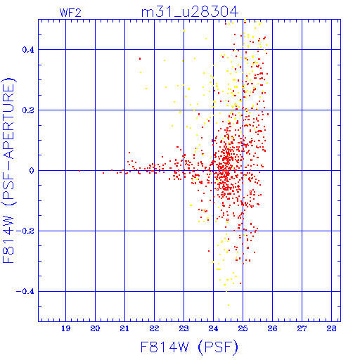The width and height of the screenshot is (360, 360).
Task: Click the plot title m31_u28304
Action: (x=190, y=12)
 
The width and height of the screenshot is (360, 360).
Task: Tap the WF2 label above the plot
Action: (x=70, y=13)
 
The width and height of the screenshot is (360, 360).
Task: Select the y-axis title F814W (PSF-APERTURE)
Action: (x=8, y=170)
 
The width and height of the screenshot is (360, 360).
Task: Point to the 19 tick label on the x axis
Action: (x=66, y=328)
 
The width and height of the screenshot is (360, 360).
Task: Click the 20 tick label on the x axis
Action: (x=95, y=328)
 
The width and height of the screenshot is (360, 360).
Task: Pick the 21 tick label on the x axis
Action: (x=124, y=328)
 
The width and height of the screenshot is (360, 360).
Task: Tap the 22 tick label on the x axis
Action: (x=154, y=328)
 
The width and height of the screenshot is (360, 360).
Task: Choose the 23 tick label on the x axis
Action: (x=184, y=328)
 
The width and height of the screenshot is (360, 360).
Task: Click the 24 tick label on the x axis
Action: (x=213, y=328)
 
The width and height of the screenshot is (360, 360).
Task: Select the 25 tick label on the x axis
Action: (x=243, y=328)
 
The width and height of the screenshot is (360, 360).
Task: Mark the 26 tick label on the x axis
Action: (x=272, y=328)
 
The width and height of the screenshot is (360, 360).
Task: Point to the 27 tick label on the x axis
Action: (x=302, y=328)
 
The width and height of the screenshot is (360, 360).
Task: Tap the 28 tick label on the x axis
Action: (x=331, y=328)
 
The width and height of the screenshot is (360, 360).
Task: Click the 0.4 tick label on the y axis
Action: (x=28, y=50)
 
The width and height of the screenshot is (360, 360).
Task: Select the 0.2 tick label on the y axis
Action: (x=28, y=110)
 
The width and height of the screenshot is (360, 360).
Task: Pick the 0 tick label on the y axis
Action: (x=32, y=171)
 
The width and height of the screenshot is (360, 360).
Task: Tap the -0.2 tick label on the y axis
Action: (x=25, y=231)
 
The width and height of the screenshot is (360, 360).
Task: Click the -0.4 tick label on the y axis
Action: (x=25, y=292)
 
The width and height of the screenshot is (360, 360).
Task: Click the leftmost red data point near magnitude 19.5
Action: (x=79, y=171)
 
